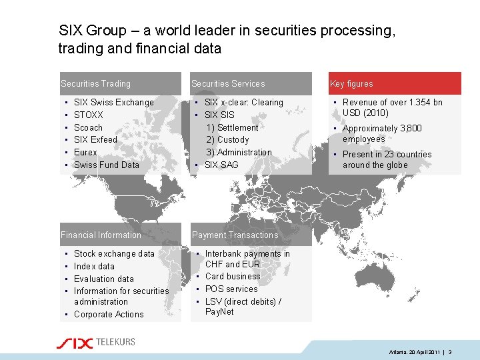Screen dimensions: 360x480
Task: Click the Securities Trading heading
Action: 95,84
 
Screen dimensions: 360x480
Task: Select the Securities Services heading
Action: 228,84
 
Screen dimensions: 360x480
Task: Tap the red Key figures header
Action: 351,84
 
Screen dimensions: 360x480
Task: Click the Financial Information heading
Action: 101,235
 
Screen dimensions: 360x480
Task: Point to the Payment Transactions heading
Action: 235,235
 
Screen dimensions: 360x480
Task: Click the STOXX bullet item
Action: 89,115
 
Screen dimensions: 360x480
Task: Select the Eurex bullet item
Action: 85,153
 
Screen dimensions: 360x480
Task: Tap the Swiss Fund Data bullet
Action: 107,165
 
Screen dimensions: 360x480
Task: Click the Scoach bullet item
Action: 88,127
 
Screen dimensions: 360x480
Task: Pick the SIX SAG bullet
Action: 221,165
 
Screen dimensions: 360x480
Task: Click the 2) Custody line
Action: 227,140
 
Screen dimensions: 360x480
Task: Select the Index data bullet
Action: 94,267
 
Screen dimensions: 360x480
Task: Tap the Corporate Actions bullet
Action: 109,315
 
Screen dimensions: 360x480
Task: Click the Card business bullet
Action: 233,277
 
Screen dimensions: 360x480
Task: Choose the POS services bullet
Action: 231,289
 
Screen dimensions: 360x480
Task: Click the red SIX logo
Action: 74,343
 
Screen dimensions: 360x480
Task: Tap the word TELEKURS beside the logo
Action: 115,342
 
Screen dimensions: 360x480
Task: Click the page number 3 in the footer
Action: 450,351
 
